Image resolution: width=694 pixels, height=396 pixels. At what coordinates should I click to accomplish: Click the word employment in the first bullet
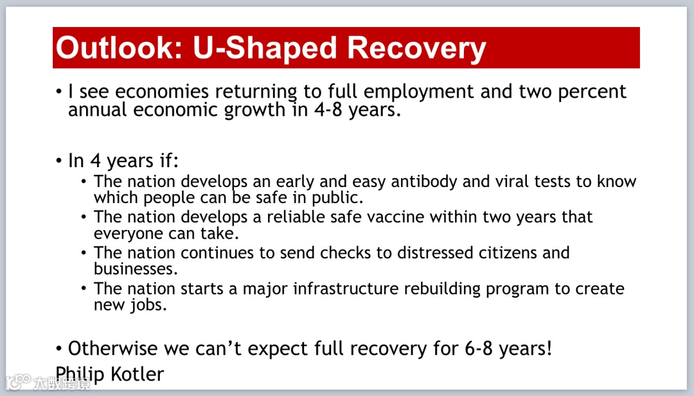tap(419, 92)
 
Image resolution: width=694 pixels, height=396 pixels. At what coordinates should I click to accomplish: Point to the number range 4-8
tap(328, 110)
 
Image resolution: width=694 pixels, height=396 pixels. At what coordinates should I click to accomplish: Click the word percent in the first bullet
tap(592, 93)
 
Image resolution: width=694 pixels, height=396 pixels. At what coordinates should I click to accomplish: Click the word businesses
tap(136, 269)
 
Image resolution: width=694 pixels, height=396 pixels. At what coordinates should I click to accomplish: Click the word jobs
tap(148, 305)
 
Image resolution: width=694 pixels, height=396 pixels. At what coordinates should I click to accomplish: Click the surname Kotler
tap(138, 374)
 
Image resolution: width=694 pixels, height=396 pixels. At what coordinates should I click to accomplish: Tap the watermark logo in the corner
tap(19, 382)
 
